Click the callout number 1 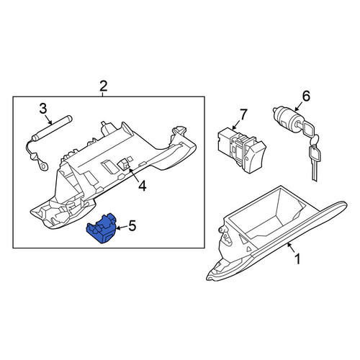click(297, 259)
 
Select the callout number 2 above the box click(103, 86)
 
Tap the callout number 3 click(43, 109)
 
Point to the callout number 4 click(143, 186)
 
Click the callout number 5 click(132, 226)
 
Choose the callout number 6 click(306, 96)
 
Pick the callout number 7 click(243, 114)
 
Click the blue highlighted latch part click(102, 228)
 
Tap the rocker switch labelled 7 click(241, 150)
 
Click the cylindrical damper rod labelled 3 click(53, 128)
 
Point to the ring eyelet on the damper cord click(44, 166)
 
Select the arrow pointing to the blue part click(122, 228)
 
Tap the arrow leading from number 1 click(292, 248)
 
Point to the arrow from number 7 click(236, 125)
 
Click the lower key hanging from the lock click(315, 162)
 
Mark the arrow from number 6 click(299, 107)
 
